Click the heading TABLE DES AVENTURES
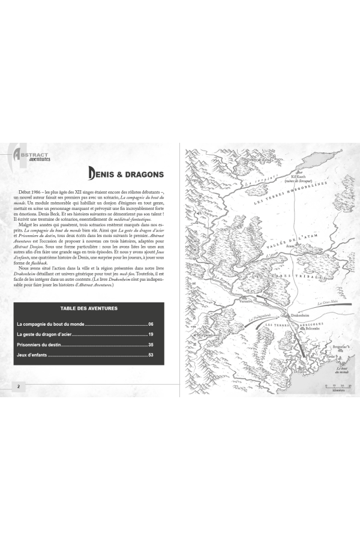pyautogui.click(x=89, y=308)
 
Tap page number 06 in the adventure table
pyautogui.click(x=151, y=324)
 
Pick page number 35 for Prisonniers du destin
pyautogui.click(x=151, y=345)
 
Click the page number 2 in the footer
pyautogui.click(x=19, y=386)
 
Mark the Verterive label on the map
pyautogui.click(x=247, y=302)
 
